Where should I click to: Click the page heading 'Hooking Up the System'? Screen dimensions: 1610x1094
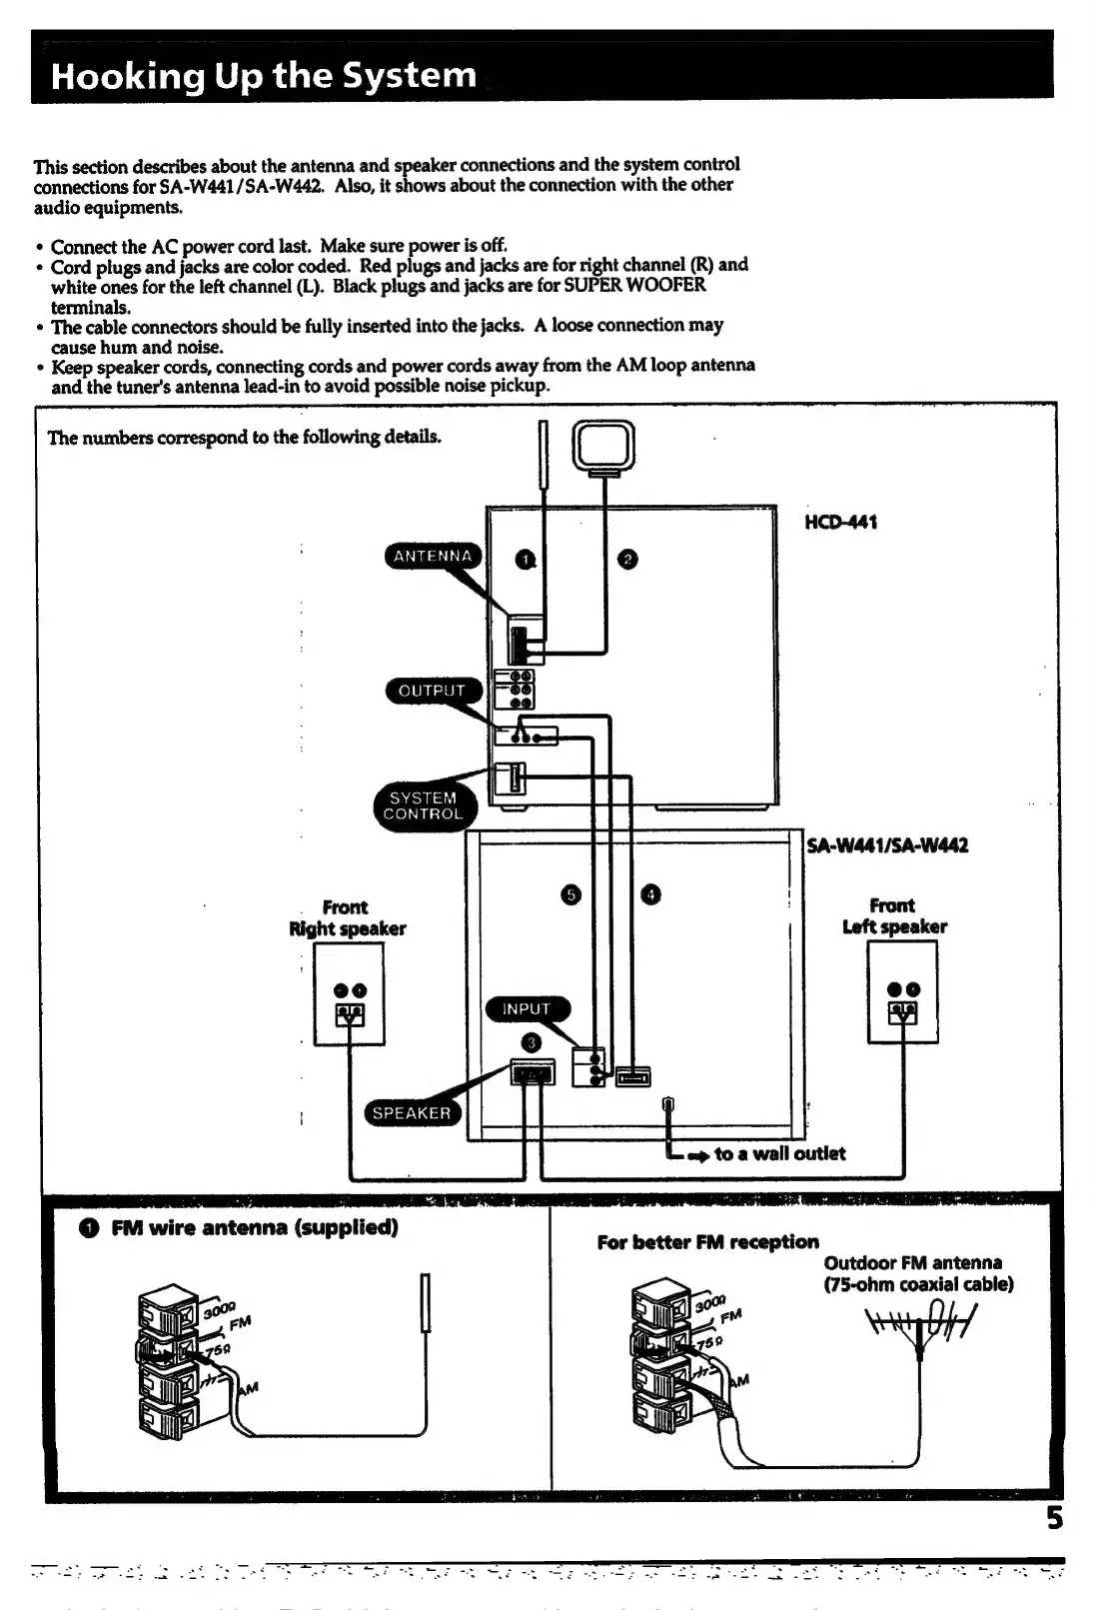(x=264, y=76)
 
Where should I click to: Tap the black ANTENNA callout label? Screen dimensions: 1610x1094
(x=433, y=557)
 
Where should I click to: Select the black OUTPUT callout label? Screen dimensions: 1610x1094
(x=433, y=691)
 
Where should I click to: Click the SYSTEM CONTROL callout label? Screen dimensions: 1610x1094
(x=424, y=805)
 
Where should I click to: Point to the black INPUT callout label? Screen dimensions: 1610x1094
(x=527, y=1009)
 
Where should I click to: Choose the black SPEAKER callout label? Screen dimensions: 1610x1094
(x=412, y=1113)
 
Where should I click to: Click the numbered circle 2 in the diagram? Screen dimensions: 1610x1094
(x=627, y=560)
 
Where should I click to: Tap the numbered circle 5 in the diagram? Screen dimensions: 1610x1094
(x=570, y=894)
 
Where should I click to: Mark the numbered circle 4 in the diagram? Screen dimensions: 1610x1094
(x=650, y=894)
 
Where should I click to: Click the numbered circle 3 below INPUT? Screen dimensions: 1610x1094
(x=532, y=1043)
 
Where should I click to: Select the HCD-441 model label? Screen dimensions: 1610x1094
(x=841, y=522)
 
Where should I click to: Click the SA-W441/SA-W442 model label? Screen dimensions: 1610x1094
(x=887, y=845)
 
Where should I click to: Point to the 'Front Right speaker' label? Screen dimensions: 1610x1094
(x=347, y=917)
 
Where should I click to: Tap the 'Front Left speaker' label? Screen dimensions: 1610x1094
(x=894, y=915)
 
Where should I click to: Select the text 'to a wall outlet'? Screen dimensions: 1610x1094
(x=779, y=1153)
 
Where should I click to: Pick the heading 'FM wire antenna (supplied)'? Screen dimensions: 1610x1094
(x=255, y=1227)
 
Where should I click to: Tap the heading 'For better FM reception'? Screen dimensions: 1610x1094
(x=707, y=1242)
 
